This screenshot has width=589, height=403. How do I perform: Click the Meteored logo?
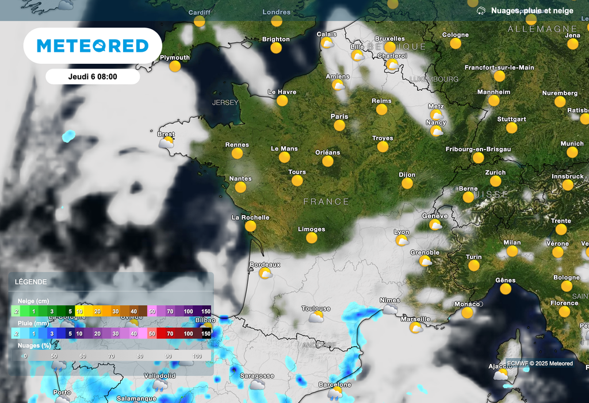tap(93, 46)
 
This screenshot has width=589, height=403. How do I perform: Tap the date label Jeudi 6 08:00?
tap(92, 76)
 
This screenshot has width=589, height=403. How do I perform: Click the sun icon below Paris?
tap(339, 125)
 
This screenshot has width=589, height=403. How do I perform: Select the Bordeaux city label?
tap(265, 264)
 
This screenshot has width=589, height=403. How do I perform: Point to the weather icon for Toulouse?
tap(316, 317)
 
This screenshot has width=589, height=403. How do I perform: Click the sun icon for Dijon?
tap(407, 183)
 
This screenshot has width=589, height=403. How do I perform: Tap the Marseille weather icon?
tap(415, 328)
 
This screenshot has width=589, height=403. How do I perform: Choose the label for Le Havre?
tap(282, 92)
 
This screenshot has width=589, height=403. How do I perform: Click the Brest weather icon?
tap(167, 143)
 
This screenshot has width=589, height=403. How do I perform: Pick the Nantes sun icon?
tap(240, 187)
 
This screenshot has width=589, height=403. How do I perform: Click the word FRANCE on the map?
tap(326, 202)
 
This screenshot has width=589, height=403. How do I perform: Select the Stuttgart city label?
tap(511, 119)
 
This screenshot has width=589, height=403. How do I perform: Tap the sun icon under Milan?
tap(512, 251)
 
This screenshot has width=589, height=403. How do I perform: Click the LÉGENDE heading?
tap(31, 282)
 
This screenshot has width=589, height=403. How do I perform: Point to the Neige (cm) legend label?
tap(33, 301)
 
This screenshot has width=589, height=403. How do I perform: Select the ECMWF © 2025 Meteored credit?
tap(540, 363)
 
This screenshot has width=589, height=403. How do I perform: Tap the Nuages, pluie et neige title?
tap(531, 11)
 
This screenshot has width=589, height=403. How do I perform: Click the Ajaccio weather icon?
tap(501, 375)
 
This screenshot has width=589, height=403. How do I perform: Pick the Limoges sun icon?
tap(312, 237)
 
